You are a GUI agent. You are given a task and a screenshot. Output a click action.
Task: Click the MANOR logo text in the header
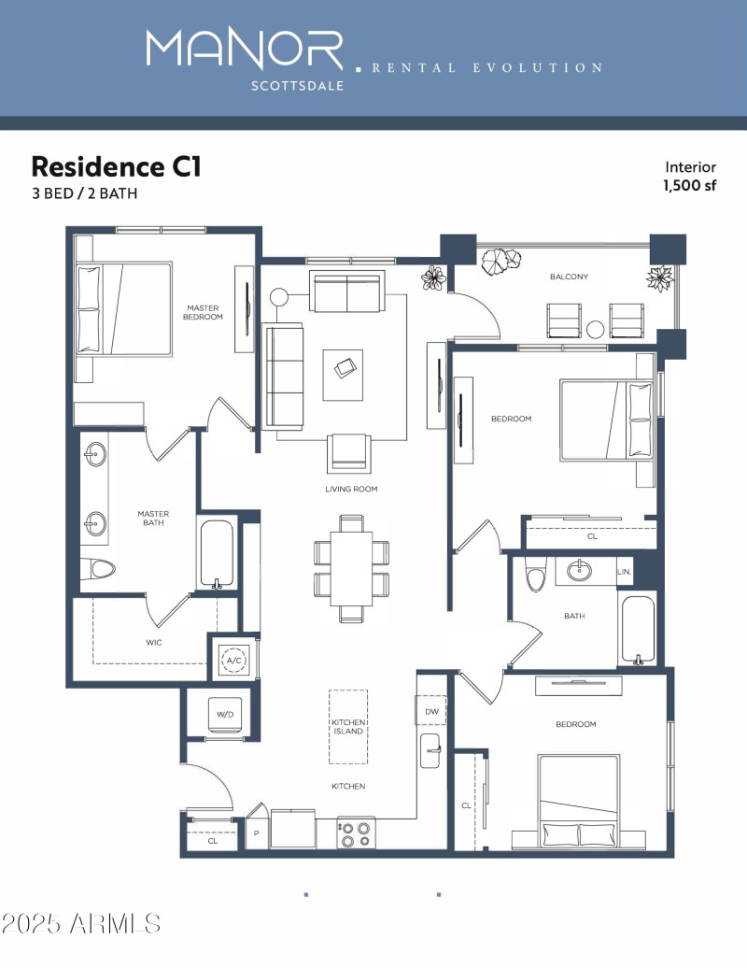coord(245,50)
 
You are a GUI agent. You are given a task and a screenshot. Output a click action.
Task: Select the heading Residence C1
coord(116,166)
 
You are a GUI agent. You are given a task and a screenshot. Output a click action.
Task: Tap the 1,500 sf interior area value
coord(689,185)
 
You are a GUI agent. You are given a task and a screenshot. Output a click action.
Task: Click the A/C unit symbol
coord(233,660)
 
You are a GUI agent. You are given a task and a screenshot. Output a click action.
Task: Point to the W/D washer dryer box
coord(225,715)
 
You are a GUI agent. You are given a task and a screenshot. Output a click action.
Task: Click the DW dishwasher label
coord(431,711)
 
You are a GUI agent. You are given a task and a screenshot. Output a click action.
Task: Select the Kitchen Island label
coord(347,728)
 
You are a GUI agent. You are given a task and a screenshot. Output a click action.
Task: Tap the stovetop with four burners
coord(355,833)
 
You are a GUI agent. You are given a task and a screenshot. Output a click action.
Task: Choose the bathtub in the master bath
coord(217,553)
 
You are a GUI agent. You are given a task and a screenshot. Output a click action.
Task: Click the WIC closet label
coord(154,643)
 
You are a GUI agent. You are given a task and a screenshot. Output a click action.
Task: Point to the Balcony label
coord(569,277)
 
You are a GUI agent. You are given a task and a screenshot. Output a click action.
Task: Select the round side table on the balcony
coord(597,328)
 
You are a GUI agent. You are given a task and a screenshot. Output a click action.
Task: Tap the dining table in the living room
coord(352,568)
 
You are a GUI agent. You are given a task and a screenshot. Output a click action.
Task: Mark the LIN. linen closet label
coord(624,571)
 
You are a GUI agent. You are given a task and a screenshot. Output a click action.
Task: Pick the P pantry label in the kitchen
coord(256,833)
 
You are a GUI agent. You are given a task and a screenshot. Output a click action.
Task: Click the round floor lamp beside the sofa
coord(278,298)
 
